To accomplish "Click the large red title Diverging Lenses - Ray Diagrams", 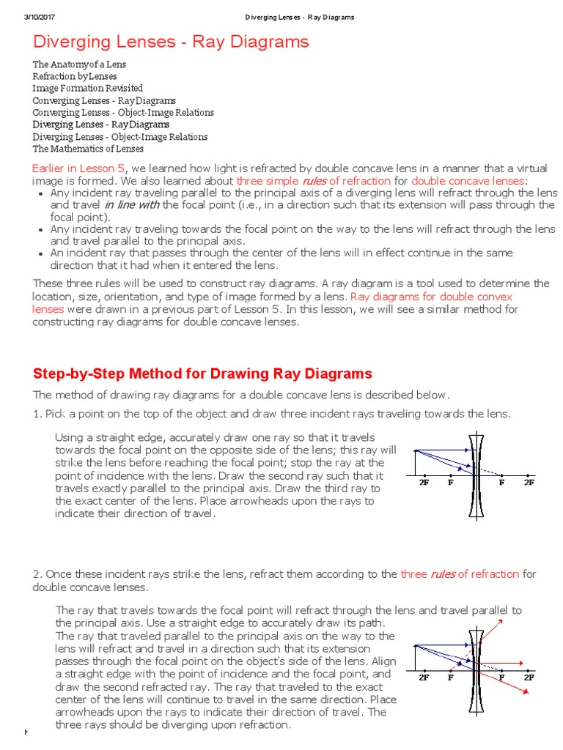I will click(x=171, y=42).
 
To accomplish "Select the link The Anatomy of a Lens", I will click(x=79, y=64).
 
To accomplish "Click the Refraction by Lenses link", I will click(x=74, y=76).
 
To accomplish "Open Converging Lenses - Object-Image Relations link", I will click(x=123, y=112).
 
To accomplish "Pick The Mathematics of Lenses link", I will click(x=88, y=149).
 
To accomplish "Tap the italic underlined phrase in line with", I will click(x=131, y=204).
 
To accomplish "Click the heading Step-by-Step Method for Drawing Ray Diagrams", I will click(x=202, y=374).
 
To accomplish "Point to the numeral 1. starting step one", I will click(x=37, y=415).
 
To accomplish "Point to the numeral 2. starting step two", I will click(x=37, y=574).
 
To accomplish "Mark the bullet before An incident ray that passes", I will click(x=39, y=253).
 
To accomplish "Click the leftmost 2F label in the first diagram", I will click(x=424, y=484).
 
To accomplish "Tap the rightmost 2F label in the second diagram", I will click(x=529, y=678).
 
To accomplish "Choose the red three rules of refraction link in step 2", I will click(x=460, y=574).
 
